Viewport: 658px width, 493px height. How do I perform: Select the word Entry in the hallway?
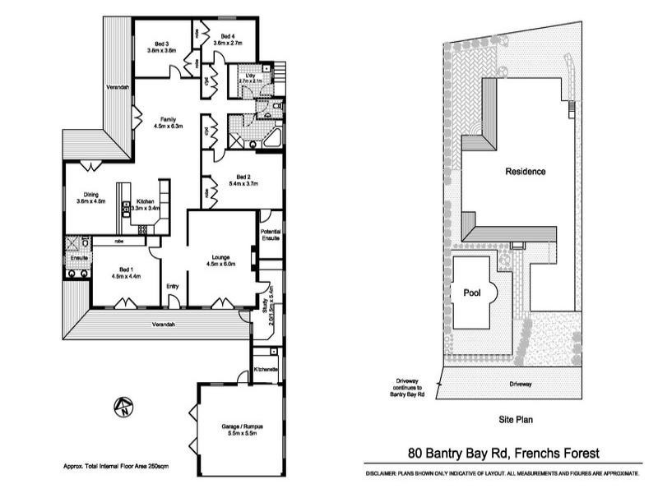pos(173,286)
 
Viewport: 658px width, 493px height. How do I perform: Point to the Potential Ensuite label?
pos(271,235)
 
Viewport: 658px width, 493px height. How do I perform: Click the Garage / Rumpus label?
pos(242,429)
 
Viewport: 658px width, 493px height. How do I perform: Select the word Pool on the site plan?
pos(471,292)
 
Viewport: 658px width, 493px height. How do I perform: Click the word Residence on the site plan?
pos(525,172)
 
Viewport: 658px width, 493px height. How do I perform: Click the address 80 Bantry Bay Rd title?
pos(504,453)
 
